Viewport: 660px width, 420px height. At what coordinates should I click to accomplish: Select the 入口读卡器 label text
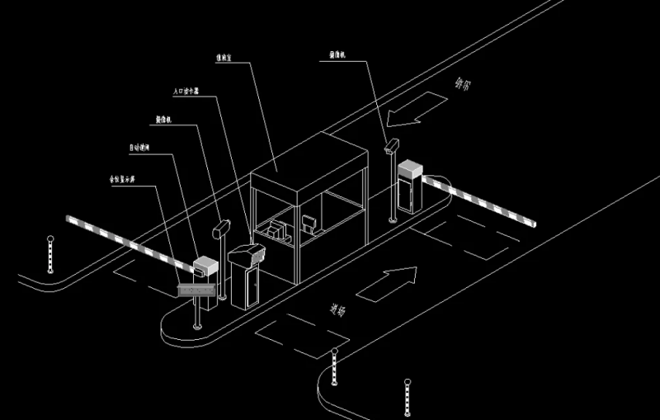click(x=186, y=92)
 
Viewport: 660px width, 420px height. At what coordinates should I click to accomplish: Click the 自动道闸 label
click(x=139, y=149)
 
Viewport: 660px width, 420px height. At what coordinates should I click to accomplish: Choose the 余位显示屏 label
click(x=122, y=178)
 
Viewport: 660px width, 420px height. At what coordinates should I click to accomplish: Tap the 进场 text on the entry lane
click(x=337, y=311)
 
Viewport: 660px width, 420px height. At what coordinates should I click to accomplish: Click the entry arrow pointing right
click(x=388, y=282)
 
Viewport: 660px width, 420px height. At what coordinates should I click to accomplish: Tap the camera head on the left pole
click(x=220, y=227)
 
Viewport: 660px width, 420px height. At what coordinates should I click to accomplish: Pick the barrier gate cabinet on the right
click(x=410, y=187)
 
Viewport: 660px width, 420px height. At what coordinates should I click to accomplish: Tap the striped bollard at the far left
click(x=49, y=253)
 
